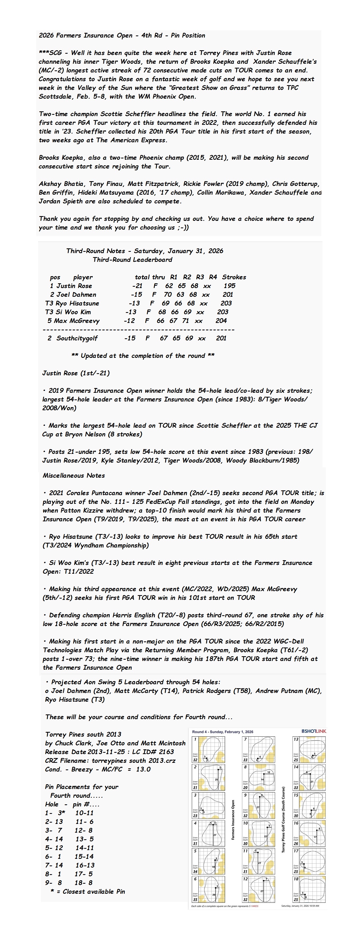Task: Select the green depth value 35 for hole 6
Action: tap(195, 899)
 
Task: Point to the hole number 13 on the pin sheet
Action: tap(296, 739)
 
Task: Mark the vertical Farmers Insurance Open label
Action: tap(233, 820)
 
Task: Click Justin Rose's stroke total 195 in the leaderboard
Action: tap(230, 286)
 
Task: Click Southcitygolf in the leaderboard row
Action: tap(77, 338)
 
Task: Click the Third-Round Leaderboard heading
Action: tap(132, 260)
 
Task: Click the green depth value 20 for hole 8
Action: tap(245, 787)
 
